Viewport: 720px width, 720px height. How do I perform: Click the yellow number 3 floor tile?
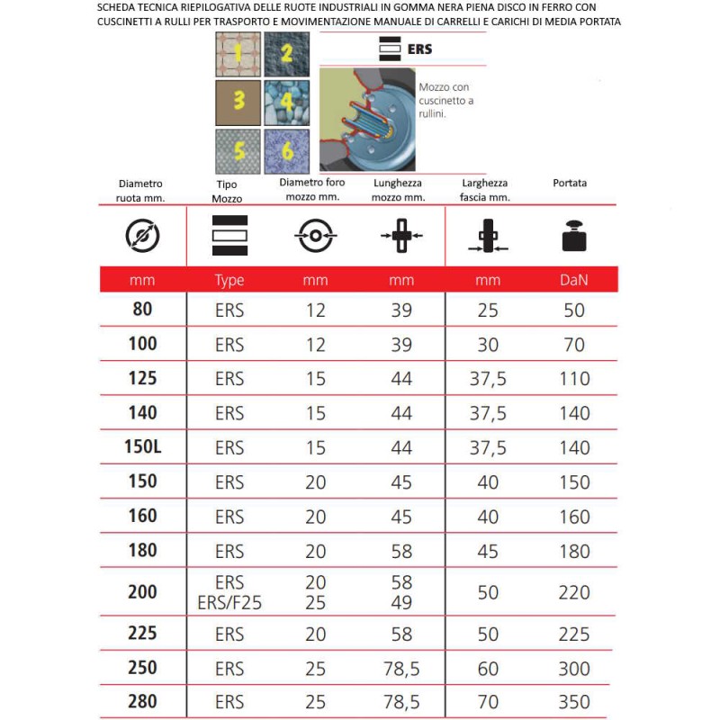pos(239,101)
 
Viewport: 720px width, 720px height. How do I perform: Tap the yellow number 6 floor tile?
pos(287,150)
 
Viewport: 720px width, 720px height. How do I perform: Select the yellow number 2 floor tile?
pos(287,53)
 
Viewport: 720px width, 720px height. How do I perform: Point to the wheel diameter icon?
pos(142,236)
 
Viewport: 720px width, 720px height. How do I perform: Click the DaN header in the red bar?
pos(573,281)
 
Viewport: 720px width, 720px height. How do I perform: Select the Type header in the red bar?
pos(229,281)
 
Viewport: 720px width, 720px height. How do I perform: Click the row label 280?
pos(142,702)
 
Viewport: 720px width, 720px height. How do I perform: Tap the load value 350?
pos(573,702)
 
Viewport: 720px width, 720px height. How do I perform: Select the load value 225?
pos(573,634)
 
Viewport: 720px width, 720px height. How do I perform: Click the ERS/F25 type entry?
pos(229,603)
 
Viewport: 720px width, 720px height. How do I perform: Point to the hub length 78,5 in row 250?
pos(401,669)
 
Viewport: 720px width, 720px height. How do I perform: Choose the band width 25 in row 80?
pos(488,310)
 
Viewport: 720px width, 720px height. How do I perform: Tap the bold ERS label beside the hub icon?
pos(419,49)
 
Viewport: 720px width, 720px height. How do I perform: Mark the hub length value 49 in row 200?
pos(401,603)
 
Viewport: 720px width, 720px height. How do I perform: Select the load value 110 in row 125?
pos(573,379)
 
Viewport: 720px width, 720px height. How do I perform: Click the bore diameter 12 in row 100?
pos(315,344)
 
